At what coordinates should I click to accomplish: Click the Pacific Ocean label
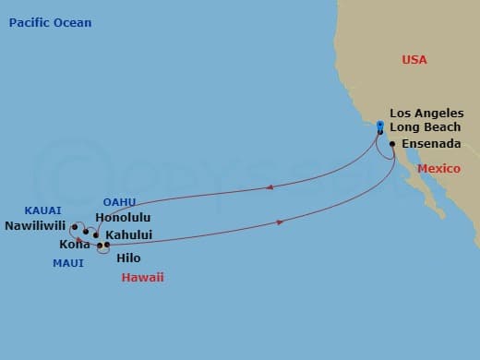[x=50, y=22]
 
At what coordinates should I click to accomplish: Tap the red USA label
[x=414, y=59]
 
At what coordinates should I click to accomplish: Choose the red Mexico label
[x=438, y=170]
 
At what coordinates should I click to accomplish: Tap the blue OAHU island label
[x=119, y=202]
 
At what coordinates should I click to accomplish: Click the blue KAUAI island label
[x=43, y=210]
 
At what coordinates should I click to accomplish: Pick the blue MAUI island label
[x=67, y=263]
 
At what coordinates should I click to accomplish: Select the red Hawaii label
[x=143, y=277]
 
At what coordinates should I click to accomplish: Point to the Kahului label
[x=130, y=234]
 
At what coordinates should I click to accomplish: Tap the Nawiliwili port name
[x=36, y=224]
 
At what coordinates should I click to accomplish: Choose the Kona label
[x=75, y=244]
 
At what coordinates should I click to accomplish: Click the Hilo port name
[x=129, y=258]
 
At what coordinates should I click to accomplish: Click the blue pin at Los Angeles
[x=380, y=126]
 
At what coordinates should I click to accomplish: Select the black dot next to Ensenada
[x=392, y=144]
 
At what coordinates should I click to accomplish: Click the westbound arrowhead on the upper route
[x=269, y=186]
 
